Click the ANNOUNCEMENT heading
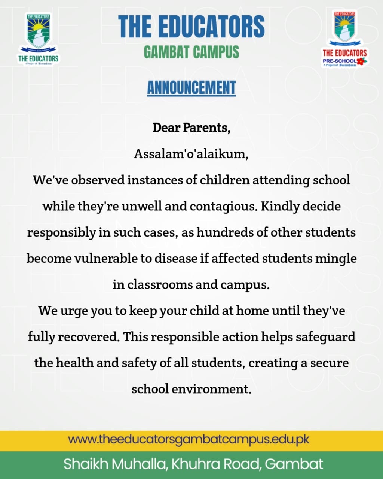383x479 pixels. click(191, 88)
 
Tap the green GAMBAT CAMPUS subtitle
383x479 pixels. click(191, 52)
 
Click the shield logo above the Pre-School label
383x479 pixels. click(344, 27)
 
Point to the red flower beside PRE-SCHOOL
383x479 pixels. click(361, 61)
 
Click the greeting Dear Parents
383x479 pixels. click(191, 128)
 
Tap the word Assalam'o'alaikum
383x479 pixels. click(191, 154)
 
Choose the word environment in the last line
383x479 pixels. click(211, 389)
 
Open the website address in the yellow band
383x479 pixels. click(189, 439)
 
